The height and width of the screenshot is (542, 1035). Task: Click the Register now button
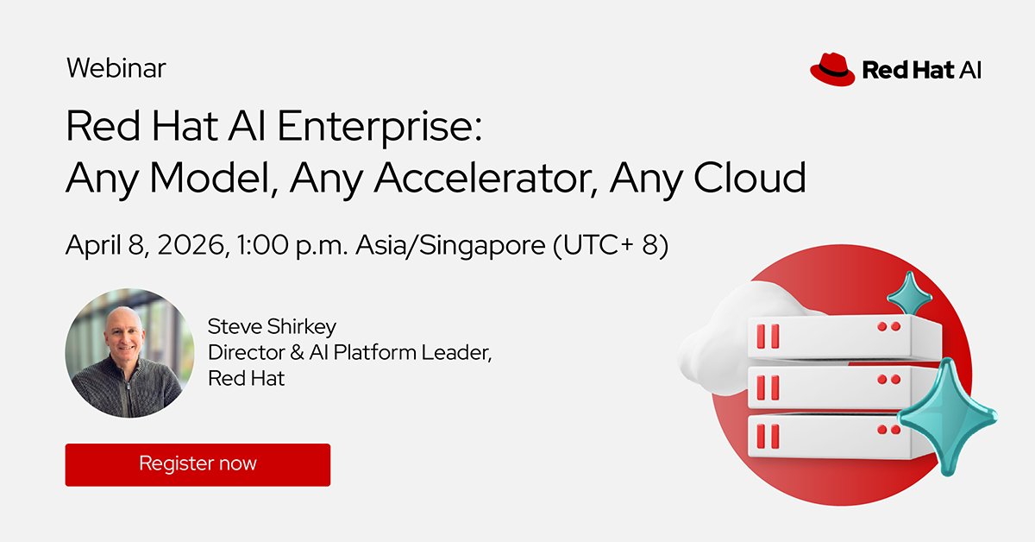point(198,464)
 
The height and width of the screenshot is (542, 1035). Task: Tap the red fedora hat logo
point(831,69)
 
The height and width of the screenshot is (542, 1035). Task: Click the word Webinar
point(116,68)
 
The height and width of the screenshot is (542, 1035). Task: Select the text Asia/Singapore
point(449,245)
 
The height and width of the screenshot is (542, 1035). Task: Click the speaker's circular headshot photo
point(129,352)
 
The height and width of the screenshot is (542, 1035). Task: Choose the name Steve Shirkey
point(272,326)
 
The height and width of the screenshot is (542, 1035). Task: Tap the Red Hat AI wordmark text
point(921,70)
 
